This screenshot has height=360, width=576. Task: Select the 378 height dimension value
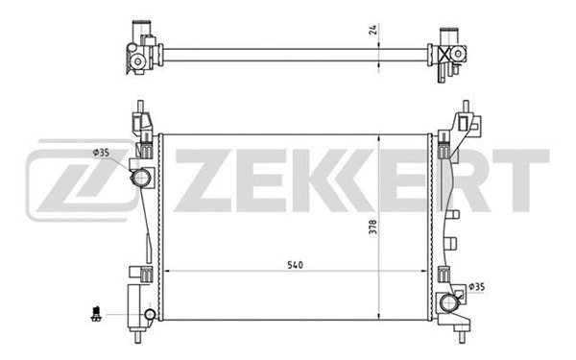[373, 228]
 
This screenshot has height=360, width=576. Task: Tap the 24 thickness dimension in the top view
[372, 29]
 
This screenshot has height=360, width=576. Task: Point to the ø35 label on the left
[104, 152]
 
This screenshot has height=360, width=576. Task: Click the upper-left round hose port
[142, 178]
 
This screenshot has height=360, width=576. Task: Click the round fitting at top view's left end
[137, 62]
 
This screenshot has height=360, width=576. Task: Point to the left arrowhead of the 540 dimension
[166, 272]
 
